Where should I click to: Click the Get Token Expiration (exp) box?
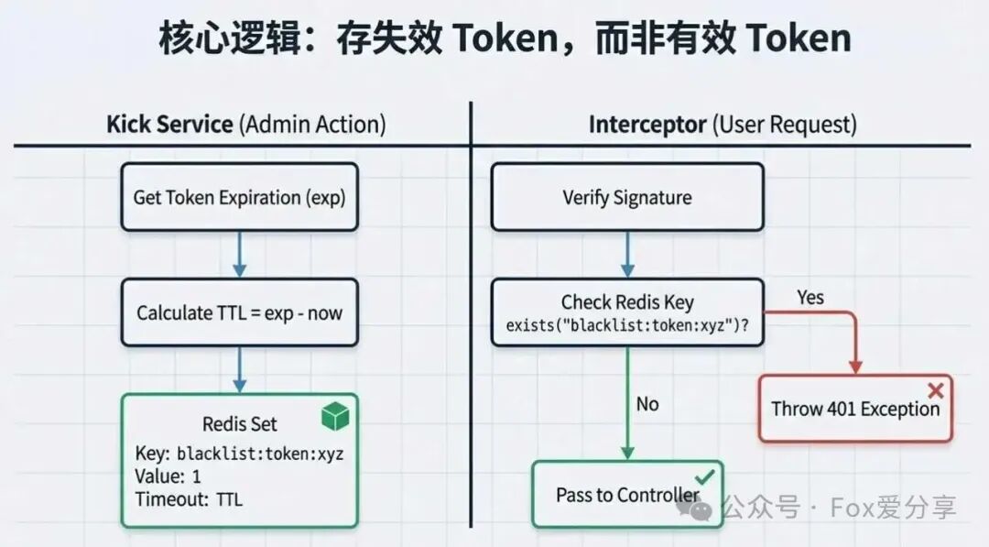[x=239, y=197]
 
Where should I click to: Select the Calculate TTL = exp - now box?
[x=239, y=312]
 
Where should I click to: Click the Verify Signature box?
[x=627, y=197]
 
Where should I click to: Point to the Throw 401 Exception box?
[x=855, y=409]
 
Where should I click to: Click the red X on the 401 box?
[x=935, y=389]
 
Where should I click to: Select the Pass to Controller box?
[x=627, y=495]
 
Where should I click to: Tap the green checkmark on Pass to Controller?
[x=704, y=476]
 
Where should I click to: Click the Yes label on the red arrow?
[x=810, y=298]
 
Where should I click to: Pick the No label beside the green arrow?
[x=647, y=404]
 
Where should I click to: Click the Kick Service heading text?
[x=169, y=125]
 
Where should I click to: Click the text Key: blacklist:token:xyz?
[x=239, y=454]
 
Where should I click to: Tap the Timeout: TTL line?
[x=189, y=499]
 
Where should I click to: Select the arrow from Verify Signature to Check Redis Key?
[x=627, y=254]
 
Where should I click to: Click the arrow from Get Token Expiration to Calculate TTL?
[x=239, y=254]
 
